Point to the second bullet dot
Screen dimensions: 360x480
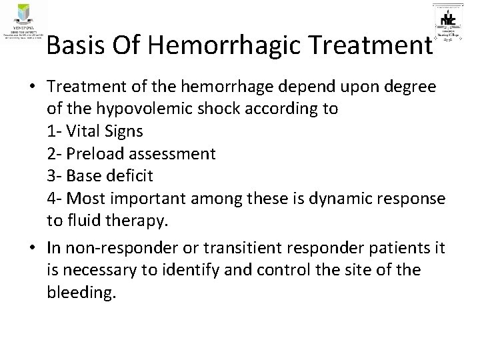coord(33,247)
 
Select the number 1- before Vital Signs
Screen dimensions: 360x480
coord(55,131)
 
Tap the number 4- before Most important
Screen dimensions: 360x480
coord(55,199)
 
